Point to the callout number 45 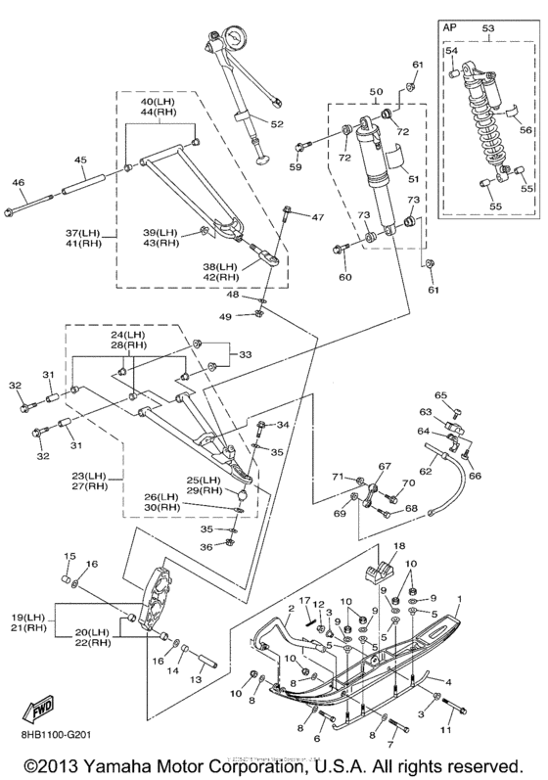(x=80, y=160)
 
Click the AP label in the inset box (x=449, y=27)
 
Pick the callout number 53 (x=489, y=27)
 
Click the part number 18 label (x=400, y=545)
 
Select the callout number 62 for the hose (x=426, y=470)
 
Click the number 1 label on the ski (x=460, y=599)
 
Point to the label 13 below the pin (x=197, y=679)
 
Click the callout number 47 (x=317, y=217)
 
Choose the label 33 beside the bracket (x=245, y=354)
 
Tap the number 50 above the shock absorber (x=376, y=92)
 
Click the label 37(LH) (x=83, y=233)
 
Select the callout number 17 (x=305, y=601)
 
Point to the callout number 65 (x=441, y=395)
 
